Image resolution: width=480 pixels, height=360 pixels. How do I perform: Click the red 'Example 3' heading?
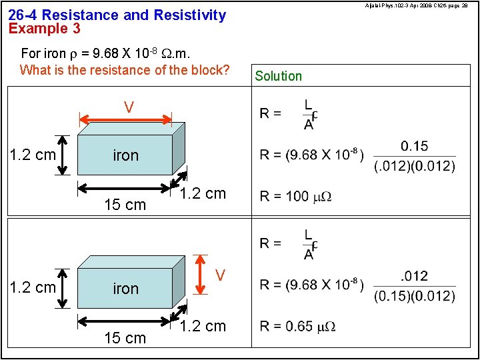coord(45,29)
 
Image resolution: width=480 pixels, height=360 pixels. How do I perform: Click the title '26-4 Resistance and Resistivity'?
coord(117,15)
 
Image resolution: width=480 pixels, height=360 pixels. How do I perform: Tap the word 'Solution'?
coord(278,76)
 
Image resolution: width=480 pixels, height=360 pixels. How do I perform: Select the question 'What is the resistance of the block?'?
coord(125,70)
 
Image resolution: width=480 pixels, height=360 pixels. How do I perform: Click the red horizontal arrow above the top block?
coord(126,121)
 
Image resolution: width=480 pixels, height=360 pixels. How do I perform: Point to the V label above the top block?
coord(129,107)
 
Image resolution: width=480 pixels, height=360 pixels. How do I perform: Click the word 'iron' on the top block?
coord(126,155)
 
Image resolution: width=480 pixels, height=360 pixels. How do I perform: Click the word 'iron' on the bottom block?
coord(126,289)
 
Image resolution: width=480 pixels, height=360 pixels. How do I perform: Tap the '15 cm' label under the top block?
coord(125,205)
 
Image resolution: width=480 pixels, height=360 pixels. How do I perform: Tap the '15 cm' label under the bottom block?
coord(125,338)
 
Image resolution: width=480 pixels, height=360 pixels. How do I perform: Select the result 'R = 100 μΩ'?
coord(295,196)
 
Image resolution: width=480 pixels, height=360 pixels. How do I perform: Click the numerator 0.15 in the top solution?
coord(415,146)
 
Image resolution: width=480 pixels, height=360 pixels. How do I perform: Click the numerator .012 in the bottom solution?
coord(415,276)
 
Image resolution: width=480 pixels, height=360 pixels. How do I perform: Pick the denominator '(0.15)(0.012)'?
coord(415,295)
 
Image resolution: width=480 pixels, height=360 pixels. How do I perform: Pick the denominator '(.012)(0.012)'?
coord(415,165)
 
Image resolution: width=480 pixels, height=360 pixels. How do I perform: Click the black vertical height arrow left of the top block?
coord(63,155)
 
